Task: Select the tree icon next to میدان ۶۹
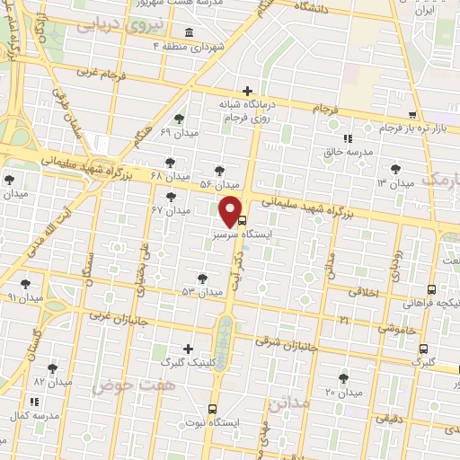pos(180,119)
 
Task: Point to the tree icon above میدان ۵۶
pos(219,170)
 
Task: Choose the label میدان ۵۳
pos(201,292)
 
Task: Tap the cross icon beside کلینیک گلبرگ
pos(188,349)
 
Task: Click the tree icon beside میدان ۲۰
pos(344,378)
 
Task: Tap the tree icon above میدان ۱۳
pos(394,168)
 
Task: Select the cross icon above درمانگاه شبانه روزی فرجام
pos(247,91)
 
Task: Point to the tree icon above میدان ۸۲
pos(53,367)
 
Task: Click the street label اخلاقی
pos(365,292)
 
